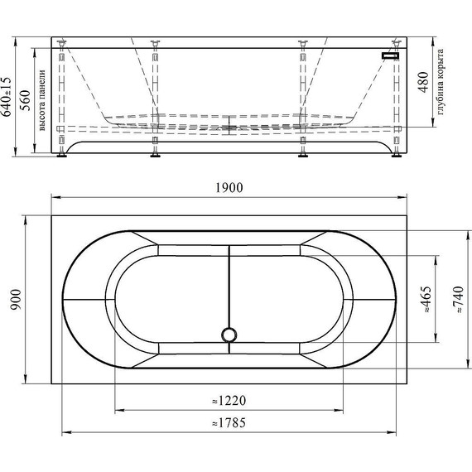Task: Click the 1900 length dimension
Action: (x=229, y=188)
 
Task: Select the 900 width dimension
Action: (x=16, y=300)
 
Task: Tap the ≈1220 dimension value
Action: (x=229, y=401)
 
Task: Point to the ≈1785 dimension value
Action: (x=229, y=423)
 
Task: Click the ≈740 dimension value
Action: (x=458, y=300)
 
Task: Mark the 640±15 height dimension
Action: (x=7, y=96)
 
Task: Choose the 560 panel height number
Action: (x=26, y=100)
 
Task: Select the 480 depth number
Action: (x=423, y=82)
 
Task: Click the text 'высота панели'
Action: (x=42, y=100)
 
